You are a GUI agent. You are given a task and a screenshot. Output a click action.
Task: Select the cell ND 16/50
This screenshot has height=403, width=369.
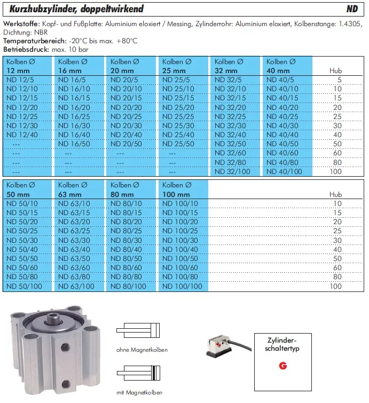click(x=74, y=144)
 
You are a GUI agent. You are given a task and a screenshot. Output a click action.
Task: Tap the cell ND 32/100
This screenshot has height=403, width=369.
click(x=232, y=171)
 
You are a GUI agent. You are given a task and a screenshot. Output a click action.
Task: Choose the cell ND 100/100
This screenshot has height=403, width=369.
click(x=182, y=287)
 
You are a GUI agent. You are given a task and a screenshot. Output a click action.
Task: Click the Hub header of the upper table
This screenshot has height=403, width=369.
click(x=335, y=70)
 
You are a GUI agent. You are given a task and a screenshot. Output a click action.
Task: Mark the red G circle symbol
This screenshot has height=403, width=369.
click(x=282, y=366)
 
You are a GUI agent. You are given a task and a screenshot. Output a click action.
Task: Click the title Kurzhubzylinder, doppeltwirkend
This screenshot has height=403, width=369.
click(x=76, y=9)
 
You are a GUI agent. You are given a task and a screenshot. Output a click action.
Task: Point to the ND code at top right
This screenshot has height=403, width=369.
click(x=352, y=9)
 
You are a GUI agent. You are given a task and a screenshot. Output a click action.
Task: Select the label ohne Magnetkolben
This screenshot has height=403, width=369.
click(x=142, y=350)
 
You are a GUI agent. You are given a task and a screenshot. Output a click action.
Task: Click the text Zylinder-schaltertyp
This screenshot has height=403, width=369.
click(x=282, y=344)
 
